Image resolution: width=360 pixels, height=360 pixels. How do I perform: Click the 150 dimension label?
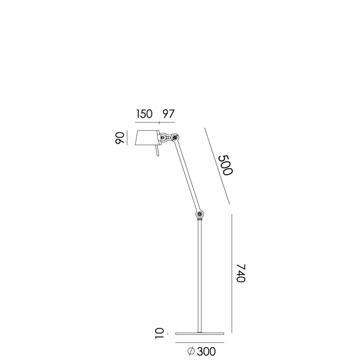tap(144, 114)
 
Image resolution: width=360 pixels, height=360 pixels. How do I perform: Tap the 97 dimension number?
tap(169, 114)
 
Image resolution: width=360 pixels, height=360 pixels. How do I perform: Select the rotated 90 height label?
tap(119, 138)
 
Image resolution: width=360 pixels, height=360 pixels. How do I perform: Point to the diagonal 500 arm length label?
tap(224, 165)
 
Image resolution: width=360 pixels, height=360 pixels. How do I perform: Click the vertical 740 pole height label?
tap(241, 273)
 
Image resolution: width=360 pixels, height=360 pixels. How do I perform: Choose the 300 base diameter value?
tap(206, 351)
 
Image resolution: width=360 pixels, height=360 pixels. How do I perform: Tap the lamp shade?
tap(146, 138)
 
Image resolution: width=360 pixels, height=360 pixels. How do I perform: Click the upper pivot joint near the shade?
tap(175, 137)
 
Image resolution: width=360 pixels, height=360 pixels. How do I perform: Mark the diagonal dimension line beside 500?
tap(217, 166)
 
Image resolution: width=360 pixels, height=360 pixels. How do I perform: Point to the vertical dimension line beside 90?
tap(127, 138)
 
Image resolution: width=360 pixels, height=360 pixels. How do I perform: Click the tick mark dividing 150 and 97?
tap(158, 121)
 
